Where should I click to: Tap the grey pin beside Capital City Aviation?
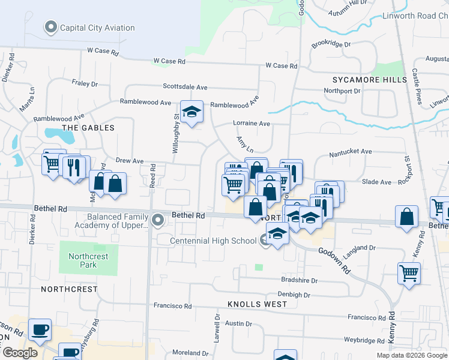coord(50,27)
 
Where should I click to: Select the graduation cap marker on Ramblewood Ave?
coord(191,112)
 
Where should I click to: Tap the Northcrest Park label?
coord(88,260)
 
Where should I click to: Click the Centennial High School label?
coord(213,241)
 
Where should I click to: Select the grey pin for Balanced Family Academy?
coord(158,220)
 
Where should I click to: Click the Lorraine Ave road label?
coord(252,124)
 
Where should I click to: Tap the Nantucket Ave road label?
coord(351,154)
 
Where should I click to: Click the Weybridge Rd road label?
coord(364,340)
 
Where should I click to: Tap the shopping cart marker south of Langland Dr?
coord(409,273)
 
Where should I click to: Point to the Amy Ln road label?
coord(245,144)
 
